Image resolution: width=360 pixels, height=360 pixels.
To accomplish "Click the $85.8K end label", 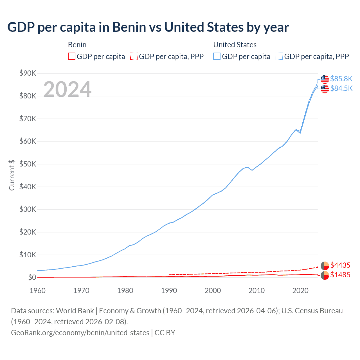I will point(341,79).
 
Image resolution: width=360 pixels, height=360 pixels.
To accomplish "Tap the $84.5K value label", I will point(341,88).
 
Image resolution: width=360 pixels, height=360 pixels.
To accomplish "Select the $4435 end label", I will point(340,265).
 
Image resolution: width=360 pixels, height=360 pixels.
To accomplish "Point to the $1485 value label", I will point(340,275).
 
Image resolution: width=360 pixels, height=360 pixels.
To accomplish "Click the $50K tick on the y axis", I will point(28,164).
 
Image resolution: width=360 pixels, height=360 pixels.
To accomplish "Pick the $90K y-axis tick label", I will point(28,73).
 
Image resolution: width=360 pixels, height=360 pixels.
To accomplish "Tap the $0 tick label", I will point(32,278).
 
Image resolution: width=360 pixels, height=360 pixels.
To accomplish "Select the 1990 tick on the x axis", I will point(169,291).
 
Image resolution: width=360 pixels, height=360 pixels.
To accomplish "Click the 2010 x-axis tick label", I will point(256,291).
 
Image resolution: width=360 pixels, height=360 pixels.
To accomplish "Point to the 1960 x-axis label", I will point(37,291).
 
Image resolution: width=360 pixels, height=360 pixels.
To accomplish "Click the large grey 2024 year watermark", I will point(67,89).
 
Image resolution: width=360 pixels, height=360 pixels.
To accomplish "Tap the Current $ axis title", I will point(12,175).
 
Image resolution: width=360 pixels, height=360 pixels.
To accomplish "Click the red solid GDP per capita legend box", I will point(72,56).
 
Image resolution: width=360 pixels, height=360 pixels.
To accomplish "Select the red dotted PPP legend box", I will point(134,56).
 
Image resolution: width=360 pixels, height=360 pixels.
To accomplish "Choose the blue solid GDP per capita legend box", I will point(217,56).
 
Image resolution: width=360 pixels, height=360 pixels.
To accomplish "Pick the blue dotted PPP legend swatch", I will point(279,56).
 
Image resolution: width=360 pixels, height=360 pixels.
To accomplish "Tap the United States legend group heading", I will point(235,45).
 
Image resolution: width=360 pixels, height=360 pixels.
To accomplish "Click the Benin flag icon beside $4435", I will point(325,265).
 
